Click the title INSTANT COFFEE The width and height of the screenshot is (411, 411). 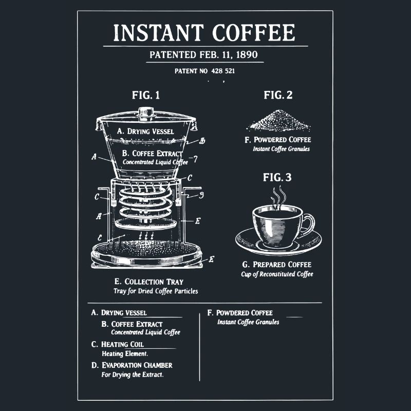click(x=204, y=33)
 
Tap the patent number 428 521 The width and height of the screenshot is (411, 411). click(x=204, y=71)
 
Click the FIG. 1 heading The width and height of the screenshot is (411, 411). click(x=146, y=95)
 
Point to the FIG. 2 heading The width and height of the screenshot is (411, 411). click(x=278, y=95)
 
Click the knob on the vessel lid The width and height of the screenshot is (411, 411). click(x=146, y=111)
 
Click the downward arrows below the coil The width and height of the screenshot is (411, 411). click(x=147, y=235)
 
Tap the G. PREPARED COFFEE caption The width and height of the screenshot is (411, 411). click(x=277, y=265)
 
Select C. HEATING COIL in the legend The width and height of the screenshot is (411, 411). click(x=118, y=344)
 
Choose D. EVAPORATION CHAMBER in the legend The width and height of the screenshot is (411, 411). click(x=132, y=365)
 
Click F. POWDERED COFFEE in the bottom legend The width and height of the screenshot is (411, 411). click(x=240, y=313)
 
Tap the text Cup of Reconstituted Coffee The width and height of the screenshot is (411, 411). click(x=277, y=274)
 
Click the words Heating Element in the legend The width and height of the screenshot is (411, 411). click(x=125, y=354)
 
